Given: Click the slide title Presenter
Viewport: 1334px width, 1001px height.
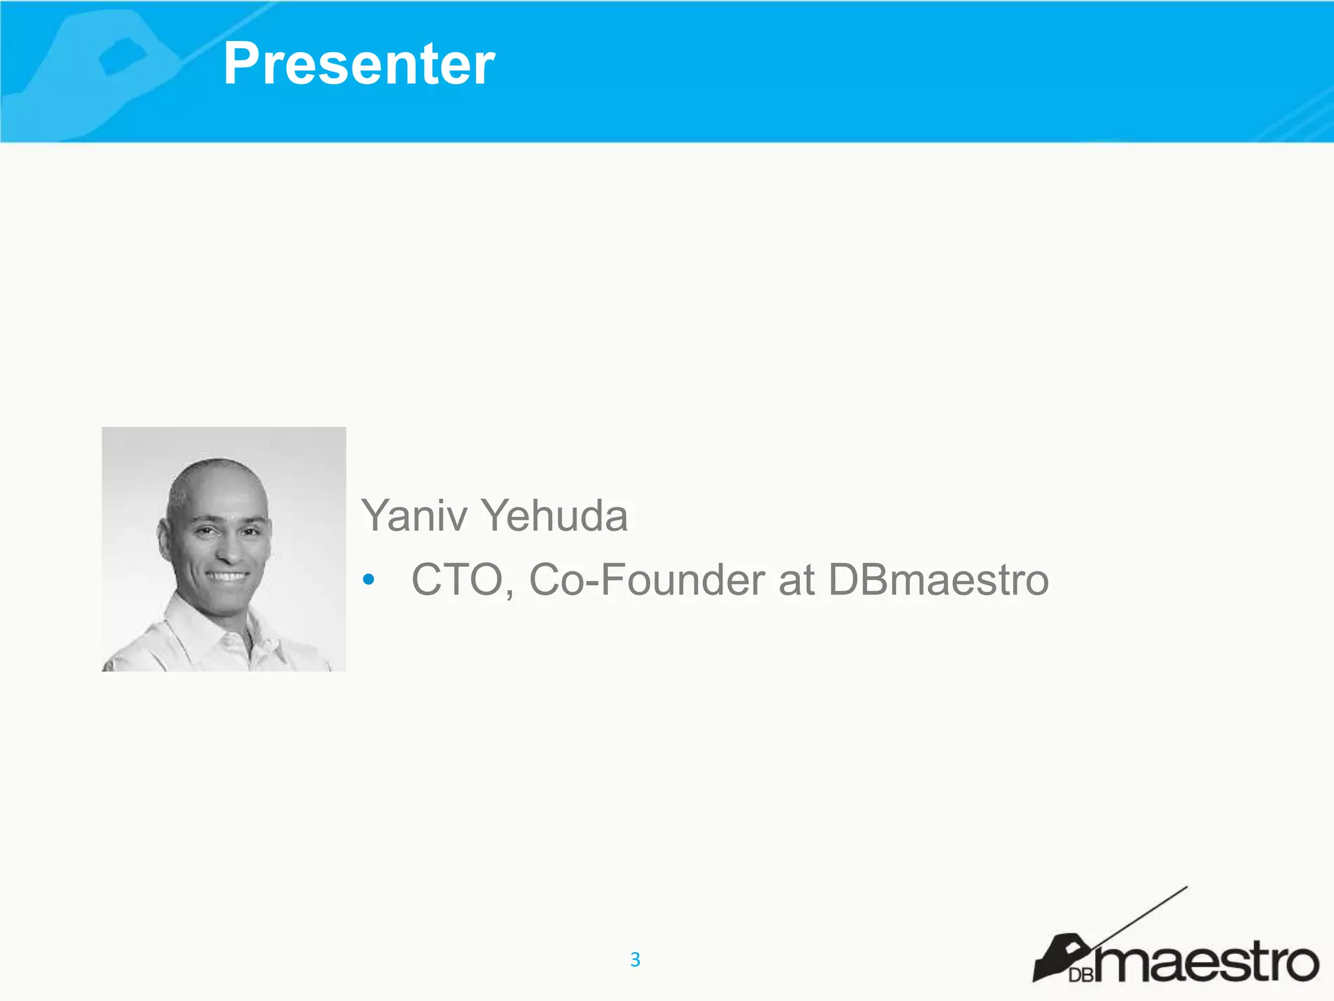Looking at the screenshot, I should pyautogui.click(x=359, y=64).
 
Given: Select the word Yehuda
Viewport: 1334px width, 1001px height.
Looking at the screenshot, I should pyautogui.click(x=554, y=515).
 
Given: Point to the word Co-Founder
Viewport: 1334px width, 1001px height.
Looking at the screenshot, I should pyautogui.click(x=647, y=579).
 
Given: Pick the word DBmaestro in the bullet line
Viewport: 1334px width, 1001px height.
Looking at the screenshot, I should pyautogui.click(x=939, y=579).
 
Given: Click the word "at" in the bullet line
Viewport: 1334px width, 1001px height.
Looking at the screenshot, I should pyautogui.click(x=796, y=579).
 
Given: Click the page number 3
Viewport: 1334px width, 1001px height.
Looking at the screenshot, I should pyautogui.click(x=635, y=959).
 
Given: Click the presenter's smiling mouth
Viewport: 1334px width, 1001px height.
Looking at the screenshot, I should pyautogui.click(x=227, y=577).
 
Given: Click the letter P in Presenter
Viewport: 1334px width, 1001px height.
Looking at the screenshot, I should pyautogui.click(x=242, y=64).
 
